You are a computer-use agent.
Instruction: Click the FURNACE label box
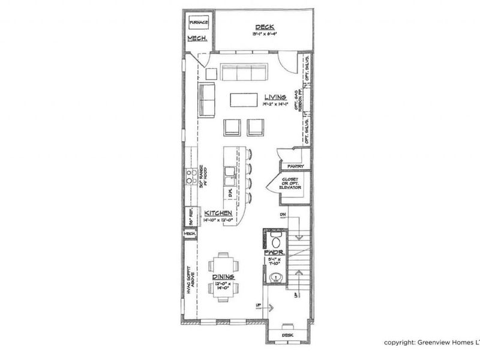(x=198, y=23)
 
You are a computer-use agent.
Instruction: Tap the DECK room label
(x=265, y=27)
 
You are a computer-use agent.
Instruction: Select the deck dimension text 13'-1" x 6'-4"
(x=265, y=34)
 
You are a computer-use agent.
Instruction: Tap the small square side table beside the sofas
(x=211, y=73)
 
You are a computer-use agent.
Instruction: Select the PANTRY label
(x=296, y=166)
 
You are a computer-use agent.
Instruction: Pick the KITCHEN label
(x=218, y=213)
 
